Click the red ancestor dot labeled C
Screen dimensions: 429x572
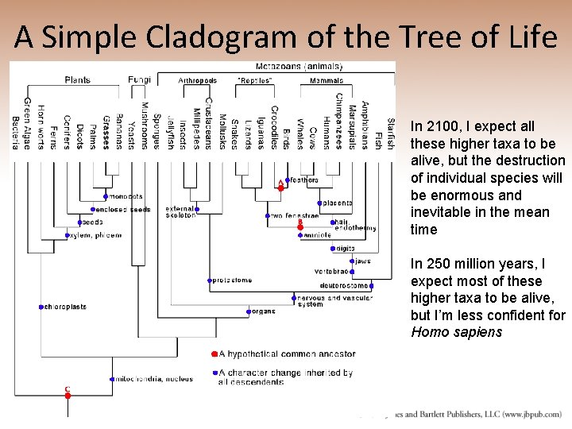(68, 395)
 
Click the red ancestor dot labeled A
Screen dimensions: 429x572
(280, 187)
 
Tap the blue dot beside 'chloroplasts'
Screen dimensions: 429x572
(41, 307)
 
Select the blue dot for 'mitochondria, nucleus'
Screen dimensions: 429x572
(112, 379)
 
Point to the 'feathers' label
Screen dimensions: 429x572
(303, 180)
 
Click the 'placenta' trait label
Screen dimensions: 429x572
(338, 203)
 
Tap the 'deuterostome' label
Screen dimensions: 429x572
(344, 285)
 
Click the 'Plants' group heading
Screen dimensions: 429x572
(77, 80)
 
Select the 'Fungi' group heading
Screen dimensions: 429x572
(140, 80)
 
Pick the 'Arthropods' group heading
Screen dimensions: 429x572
(197, 80)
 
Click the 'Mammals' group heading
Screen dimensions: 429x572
(326, 80)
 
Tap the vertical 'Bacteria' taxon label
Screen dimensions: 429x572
(15, 132)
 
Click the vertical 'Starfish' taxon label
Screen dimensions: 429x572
(390, 133)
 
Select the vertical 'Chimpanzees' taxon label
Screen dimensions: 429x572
(338, 121)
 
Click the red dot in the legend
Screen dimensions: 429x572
(214, 354)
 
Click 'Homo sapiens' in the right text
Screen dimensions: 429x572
(456, 332)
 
